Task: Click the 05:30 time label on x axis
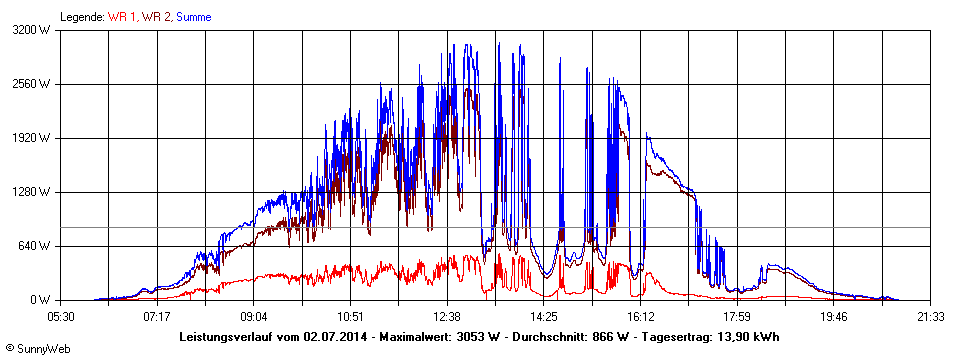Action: [x=60, y=316]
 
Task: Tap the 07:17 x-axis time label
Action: [x=157, y=316]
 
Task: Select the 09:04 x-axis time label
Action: [x=254, y=316]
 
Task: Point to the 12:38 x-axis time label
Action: [x=447, y=316]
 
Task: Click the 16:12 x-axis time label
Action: [x=641, y=316]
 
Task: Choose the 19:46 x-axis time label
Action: [x=834, y=316]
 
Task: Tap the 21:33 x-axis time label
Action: [x=931, y=316]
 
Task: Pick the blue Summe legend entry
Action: [x=193, y=17]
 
